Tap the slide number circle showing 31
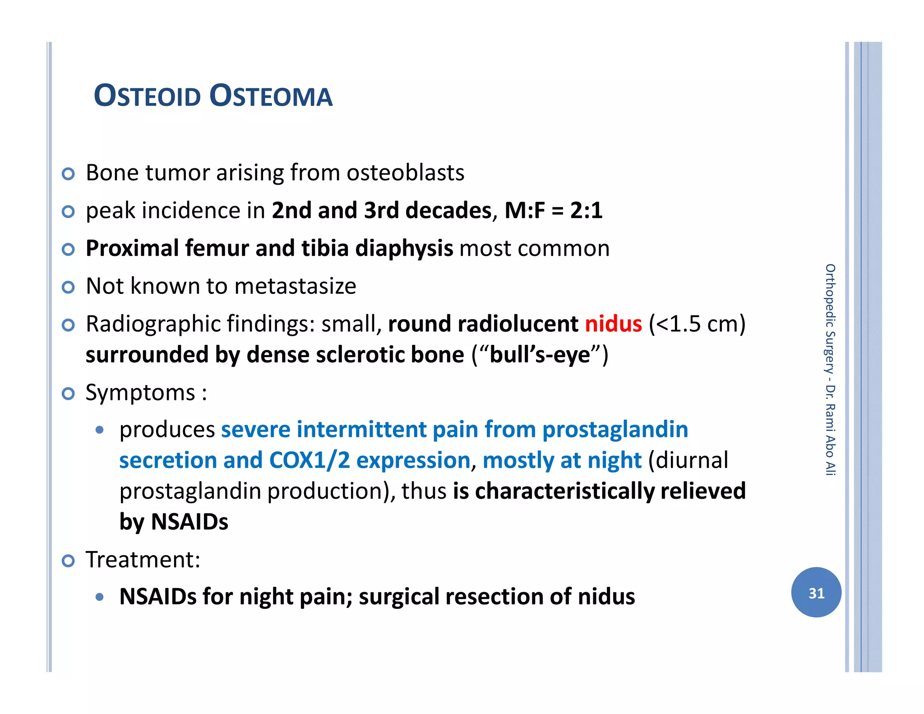(x=816, y=592)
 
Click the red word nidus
(x=613, y=324)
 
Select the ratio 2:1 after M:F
(x=586, y=211)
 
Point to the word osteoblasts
(x=405, y=173)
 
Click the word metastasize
(x=295, y=286)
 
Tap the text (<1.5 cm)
(x=697, y=324)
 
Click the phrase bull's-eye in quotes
(x=540, y=355)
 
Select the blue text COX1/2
(x=310, y=460)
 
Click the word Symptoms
(x=140, y=392)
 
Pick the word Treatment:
(x=143, y=560)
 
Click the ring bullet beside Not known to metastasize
(x=68, y=287)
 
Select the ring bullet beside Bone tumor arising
(x=68, y=174)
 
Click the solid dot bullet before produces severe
(x=100, y=430)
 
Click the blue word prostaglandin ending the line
(x=615, y=429)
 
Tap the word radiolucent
(x=517, y=324)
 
